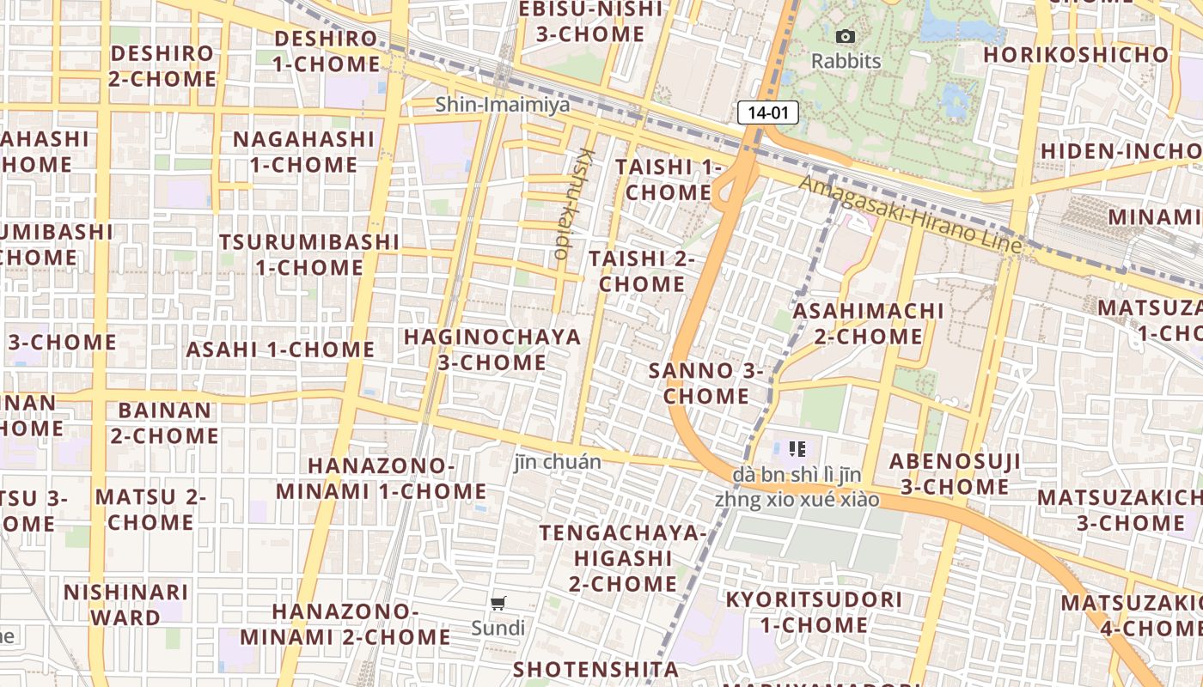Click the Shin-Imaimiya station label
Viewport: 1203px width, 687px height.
[502, 105]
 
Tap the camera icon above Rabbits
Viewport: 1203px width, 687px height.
[846, 36]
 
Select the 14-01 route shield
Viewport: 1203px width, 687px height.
[768, 112]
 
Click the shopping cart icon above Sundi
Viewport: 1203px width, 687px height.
[498, 603]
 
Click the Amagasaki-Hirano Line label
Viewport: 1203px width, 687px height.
[911, 215]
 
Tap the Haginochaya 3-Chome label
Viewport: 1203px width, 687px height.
[492, 350]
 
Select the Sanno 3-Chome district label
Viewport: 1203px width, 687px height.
[706, 384]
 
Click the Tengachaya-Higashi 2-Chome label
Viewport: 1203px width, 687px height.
[623, 558]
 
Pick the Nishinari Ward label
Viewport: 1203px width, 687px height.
[125, 605]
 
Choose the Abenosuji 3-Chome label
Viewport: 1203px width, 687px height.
[955, 474]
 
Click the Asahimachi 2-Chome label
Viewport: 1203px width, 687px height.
[868, 324]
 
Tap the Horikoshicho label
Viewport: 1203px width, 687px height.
[1077, 55]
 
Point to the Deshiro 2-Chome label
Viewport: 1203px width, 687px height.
[162, 66]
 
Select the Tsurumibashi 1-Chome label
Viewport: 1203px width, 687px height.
[309, 255]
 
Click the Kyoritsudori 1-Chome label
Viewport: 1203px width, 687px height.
[814, 612]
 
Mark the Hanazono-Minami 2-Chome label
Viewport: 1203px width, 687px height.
[345, 624]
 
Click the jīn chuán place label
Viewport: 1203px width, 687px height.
[558, 462]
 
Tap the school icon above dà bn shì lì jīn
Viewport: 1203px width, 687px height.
[797, 448]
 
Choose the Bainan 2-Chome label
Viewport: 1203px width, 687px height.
[164, 423]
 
